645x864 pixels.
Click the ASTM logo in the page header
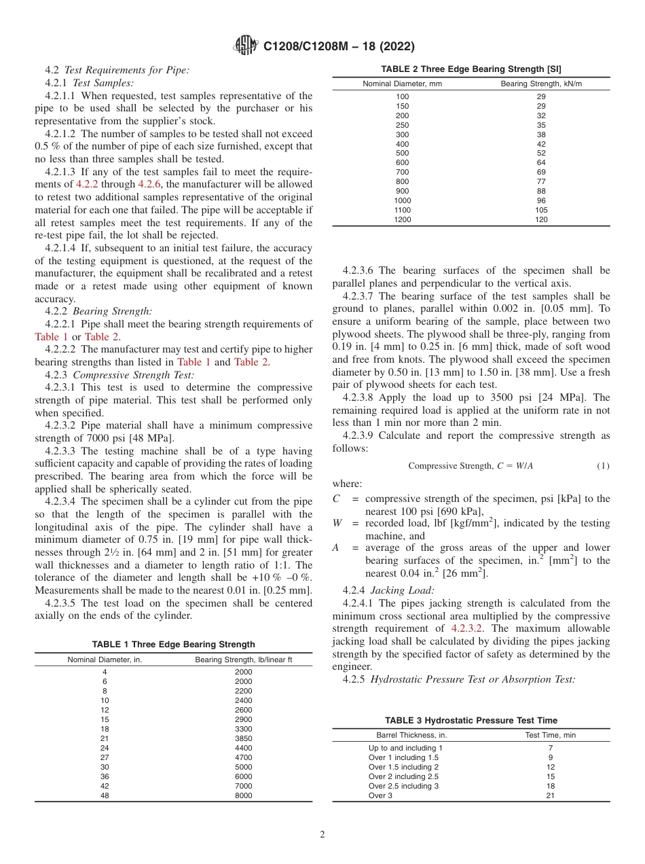245,46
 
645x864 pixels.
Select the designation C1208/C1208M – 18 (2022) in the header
339,47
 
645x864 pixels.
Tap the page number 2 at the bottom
322,835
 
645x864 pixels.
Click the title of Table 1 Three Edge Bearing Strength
173,645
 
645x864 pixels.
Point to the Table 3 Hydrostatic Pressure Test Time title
471,721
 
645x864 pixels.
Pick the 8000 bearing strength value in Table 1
243,795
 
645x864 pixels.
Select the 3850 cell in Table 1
243,738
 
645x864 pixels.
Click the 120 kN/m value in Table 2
540,219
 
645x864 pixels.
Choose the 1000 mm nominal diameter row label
402,200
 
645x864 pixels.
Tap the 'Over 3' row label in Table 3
381,795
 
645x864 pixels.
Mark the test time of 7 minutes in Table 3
550,748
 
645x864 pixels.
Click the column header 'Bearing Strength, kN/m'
541,84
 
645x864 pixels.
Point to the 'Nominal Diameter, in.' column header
105,660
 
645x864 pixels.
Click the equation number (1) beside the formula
603,466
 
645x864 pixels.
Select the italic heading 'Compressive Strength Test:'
133,374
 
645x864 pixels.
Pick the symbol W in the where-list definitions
337,524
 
